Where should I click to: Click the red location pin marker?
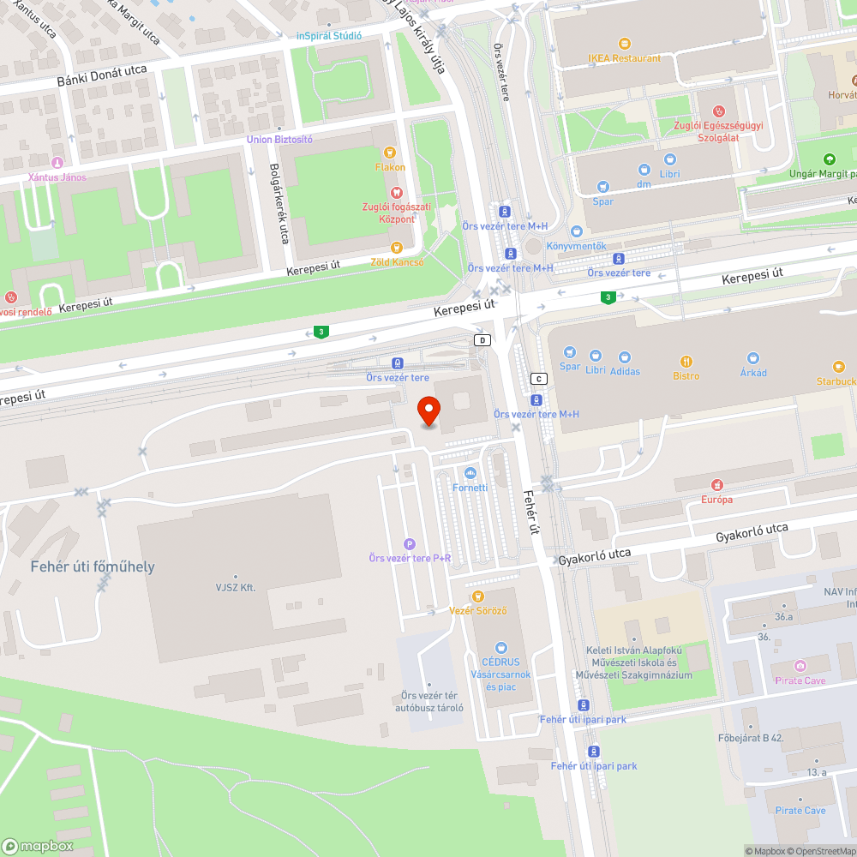429,411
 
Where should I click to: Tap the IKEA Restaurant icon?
625,44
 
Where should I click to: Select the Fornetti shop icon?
470,473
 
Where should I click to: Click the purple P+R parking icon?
410,543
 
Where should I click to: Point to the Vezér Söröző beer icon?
478,596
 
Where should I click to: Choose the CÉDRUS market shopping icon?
501,648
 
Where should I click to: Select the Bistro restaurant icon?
686,362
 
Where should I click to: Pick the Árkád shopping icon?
753,358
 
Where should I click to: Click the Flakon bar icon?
390,153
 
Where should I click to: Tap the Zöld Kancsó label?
397,262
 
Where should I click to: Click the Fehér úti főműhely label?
93,566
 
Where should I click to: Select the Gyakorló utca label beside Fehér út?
594,556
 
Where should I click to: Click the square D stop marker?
483,340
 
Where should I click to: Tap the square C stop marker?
539,379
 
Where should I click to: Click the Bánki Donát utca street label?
102,75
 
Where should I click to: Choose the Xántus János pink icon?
57,163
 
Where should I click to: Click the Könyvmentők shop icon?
577,231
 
